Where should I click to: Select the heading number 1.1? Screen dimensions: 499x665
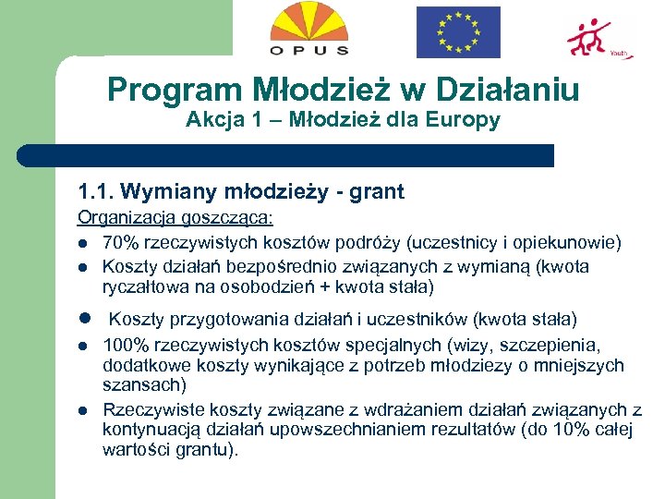[94, 192]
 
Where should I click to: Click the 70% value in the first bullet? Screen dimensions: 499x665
[118, 243]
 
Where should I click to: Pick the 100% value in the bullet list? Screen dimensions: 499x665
[123, 346]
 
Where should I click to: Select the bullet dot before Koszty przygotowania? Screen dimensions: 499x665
[83, 319]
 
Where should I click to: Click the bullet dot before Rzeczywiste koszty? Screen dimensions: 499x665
[83, 410]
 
